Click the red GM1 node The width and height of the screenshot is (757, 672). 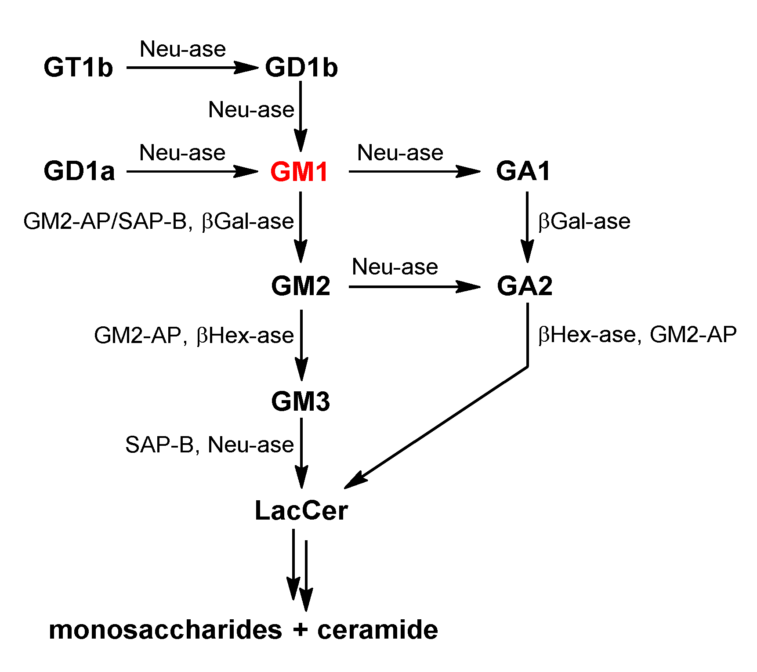tap(299, 172)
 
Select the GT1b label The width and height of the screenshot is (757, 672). tap(78, 68)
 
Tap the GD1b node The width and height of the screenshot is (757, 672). tap(301, 68)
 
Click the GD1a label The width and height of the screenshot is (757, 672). tap(79, 171)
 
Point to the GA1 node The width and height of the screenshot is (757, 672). tap(523, 171)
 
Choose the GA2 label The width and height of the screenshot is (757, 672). tap(525, 286)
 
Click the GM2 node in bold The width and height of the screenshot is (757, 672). tap(301, 286)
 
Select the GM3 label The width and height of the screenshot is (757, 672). tap(301, 401)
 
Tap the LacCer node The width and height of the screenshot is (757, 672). tap(301, 511)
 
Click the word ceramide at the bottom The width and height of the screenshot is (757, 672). tap(377, 630)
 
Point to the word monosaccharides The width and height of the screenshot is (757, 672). tap(165, 630)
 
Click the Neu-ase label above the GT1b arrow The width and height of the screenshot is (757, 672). tap(183, 49)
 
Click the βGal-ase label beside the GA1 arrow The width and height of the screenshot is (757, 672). tap(584, 221)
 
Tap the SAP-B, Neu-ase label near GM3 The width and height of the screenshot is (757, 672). tap(209, 444)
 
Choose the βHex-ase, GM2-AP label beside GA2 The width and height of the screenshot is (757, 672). tap(637, 335)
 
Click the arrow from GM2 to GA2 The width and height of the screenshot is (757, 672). tap(413, 287)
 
